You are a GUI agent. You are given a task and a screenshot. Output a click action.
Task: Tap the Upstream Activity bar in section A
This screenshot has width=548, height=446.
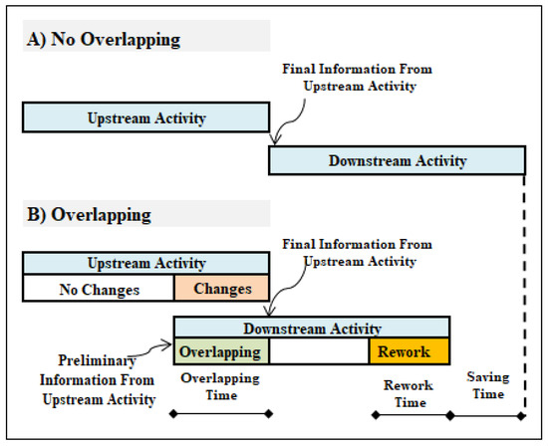pyautogui.click(x=145, y=119)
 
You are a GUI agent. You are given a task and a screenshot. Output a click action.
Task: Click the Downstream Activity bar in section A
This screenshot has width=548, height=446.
pyautogui.click(x=397, y=160)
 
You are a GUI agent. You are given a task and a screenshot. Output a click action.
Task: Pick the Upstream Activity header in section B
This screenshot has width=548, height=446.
pyautogui.click(x=145, y=264)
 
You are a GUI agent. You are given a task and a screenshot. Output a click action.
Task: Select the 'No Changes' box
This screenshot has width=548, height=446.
pyautogui.click(x=98, y=290)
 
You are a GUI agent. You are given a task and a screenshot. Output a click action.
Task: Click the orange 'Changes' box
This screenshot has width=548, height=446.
pyautogui.click(x=221, y=290)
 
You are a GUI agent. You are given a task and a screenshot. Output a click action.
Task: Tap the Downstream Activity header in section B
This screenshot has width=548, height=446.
pyautogui.click(x=311, y=329)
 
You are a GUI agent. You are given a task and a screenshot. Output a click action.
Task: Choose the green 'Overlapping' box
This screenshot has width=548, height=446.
pyautogui.click(x=221, y=352)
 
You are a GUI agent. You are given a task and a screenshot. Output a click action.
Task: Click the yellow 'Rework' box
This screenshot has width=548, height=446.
pyautogui.click(x=409, y=352)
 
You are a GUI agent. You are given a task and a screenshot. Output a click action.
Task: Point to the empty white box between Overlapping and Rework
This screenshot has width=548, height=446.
pyautogui.click(x=319, y=352)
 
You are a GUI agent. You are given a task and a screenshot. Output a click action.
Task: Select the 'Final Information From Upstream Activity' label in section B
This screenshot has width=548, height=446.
pyautogui.click(x=357, y=252)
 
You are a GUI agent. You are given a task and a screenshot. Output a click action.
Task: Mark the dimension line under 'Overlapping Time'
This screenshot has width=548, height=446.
pyautogui.click(x=221, y=412)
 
